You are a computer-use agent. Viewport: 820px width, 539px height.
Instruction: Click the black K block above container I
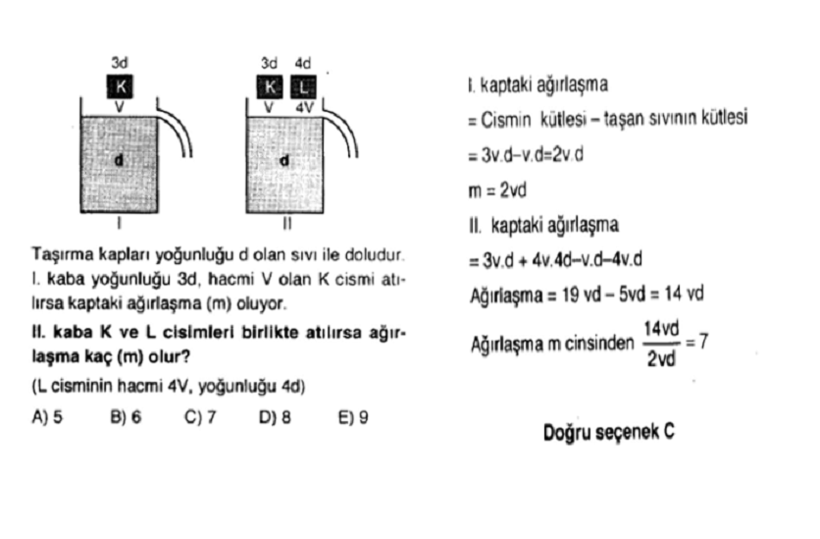pos(120,86)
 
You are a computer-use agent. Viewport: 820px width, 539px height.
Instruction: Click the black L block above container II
pos(303,86)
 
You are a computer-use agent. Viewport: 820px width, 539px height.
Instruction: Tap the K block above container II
pos(270,86)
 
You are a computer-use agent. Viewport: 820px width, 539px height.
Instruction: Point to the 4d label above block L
pos(303,63)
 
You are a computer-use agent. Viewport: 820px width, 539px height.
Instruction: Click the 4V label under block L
pos(304,107)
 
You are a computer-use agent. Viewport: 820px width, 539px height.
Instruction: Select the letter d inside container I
pos(120,160)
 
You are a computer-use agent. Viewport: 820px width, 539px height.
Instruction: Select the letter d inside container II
pos(284,160)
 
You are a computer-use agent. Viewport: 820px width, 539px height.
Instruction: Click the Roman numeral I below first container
pos(120,224)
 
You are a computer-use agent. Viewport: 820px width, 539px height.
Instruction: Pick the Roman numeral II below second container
pos(287,224)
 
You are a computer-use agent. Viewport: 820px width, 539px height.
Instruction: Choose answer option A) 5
pos(47,417)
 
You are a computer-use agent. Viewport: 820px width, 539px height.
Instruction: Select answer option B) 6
pos(126,417)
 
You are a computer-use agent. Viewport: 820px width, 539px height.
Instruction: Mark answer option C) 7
pos(200,417)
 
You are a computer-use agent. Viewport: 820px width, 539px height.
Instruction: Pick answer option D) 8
pos(275,417)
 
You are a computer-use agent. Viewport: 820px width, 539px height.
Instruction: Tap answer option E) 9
pos(353,417)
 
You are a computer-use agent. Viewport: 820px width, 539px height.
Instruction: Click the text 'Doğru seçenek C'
pos(609,433)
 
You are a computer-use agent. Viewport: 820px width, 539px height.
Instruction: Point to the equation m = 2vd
pos(497,190)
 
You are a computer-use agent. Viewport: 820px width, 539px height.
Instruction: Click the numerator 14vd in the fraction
pos(661,329)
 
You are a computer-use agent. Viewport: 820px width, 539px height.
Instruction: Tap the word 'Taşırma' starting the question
pos(63,255)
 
